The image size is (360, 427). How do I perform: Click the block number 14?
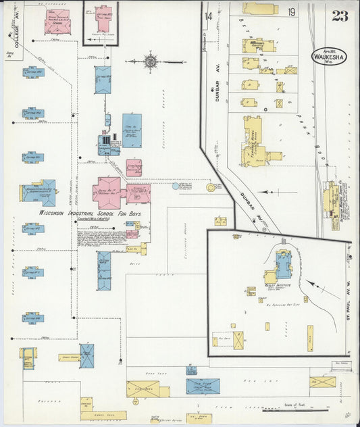point(209,15)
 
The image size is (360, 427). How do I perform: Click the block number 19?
point(290,13)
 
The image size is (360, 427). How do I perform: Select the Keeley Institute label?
point(278,285)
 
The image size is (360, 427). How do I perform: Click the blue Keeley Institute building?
point(284,265)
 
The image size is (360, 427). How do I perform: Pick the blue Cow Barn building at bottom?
point(203,386)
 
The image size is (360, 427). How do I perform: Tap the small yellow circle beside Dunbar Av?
point(211,186)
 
